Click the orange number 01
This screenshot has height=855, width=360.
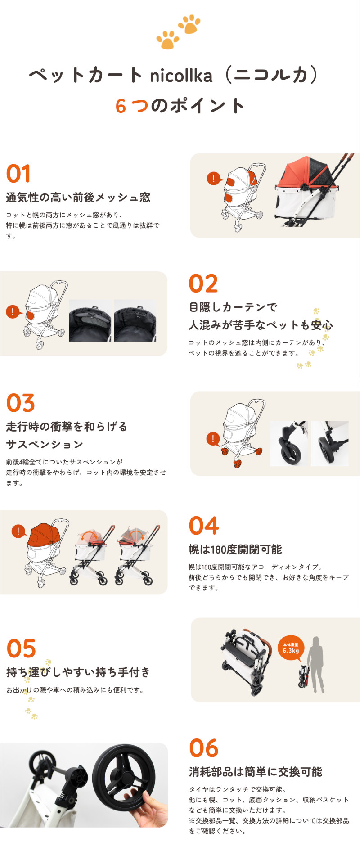pos(18,174)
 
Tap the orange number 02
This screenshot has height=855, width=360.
pos(203,284)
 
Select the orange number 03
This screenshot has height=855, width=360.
pos(21,403)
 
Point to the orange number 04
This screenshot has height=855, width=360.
pos(204,526)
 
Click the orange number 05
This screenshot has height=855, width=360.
pos(21,649)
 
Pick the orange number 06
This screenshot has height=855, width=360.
pos(204,748)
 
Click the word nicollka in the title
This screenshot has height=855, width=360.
pos(181,76)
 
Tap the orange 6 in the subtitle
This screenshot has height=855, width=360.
pos(121,106)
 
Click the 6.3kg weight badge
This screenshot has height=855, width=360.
pos(291,648)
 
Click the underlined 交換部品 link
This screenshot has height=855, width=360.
pos(336,820)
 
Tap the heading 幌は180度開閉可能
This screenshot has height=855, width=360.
pos(235,549)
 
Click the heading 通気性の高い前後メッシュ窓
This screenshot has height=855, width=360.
pos(78,198)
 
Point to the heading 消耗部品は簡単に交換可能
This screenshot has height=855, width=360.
pos(255,772)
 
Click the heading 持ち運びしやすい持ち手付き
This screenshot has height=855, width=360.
pos(78,672)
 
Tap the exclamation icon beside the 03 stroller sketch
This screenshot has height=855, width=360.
pos(212,439)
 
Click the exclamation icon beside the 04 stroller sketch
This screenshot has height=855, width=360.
pos(18,531)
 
